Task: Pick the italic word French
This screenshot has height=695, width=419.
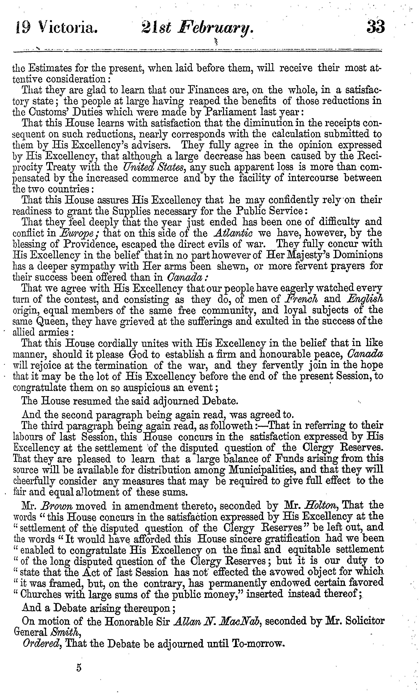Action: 302,299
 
